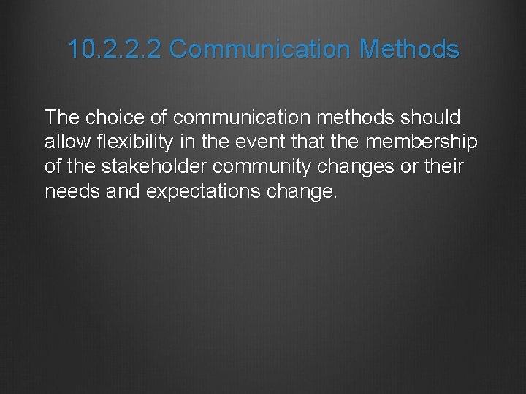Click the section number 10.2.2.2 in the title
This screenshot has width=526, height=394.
click(x=115, y=50)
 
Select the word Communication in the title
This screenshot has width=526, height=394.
click(x=261, y=50)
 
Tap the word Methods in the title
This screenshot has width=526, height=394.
click(x=410, y=50)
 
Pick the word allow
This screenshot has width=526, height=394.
click(x=64, y=142)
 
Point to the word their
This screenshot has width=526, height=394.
click(x=443, y=166)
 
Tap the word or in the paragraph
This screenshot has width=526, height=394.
click(x=408, y=166)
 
